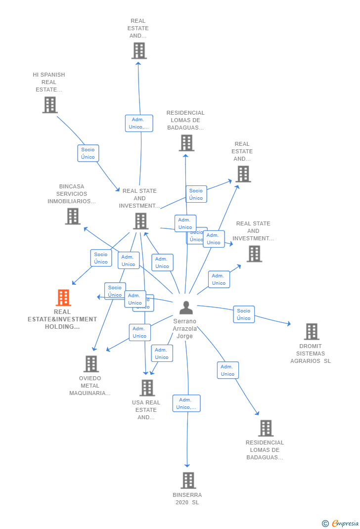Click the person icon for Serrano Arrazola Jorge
tap(186, 308)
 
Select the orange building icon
tap(63, 298)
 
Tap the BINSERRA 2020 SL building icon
tap(188, 481)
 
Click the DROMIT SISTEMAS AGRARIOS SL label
tap(311, 353)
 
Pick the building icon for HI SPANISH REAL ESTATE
tap(49, 105)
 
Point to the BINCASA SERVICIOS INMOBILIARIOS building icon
tap(73, 216)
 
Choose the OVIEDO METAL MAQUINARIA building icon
tap(91, 364)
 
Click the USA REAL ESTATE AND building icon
tap(147, 388)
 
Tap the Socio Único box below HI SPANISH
tap(88, 153)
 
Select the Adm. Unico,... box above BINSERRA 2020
tap(186, 403)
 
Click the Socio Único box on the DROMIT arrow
tap(244, 314)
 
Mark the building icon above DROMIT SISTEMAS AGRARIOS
tap(312, 331)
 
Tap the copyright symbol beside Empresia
tap(325, 523)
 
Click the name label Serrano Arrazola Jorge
tap(185, 329)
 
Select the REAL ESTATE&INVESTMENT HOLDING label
tap(62, 319)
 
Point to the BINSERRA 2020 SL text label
tap(187, 498)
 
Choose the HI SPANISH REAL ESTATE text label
tap(49, 82)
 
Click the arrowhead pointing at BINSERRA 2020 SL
tap(187, 465)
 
